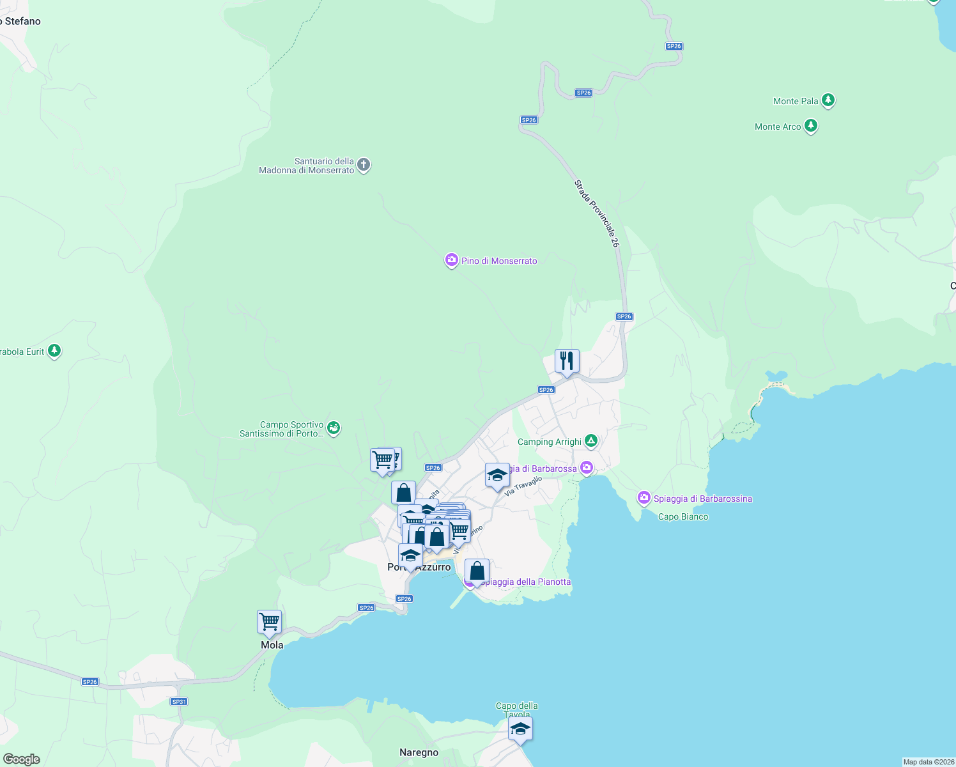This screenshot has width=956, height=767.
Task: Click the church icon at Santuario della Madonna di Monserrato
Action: [364, 166]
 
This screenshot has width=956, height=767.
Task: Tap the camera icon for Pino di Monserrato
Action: [452, 260]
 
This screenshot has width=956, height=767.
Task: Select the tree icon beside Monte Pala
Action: [828, 100]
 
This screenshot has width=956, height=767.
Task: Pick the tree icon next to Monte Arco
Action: [811, 126]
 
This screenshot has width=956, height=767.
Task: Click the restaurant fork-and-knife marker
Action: [567, 362]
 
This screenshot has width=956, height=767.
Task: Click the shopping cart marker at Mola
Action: [270, 622]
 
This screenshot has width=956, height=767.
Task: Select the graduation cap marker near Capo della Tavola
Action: [520, 729]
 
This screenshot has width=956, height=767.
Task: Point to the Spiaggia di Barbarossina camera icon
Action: [644, 498]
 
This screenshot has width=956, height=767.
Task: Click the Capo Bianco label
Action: [683, 516]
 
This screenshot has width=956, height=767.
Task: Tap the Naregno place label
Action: [419, 752]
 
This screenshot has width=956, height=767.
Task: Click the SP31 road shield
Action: [179, 701]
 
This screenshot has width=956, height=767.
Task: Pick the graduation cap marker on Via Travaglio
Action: [497, 476]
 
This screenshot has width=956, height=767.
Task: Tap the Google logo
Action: [22, 759]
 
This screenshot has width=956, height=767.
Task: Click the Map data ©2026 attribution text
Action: [928, 762]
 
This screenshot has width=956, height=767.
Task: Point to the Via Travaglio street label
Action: [523, 486]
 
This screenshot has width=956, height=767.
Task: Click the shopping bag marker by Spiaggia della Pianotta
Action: [477, 571]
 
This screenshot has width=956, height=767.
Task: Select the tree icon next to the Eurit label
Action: [54, 351]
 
